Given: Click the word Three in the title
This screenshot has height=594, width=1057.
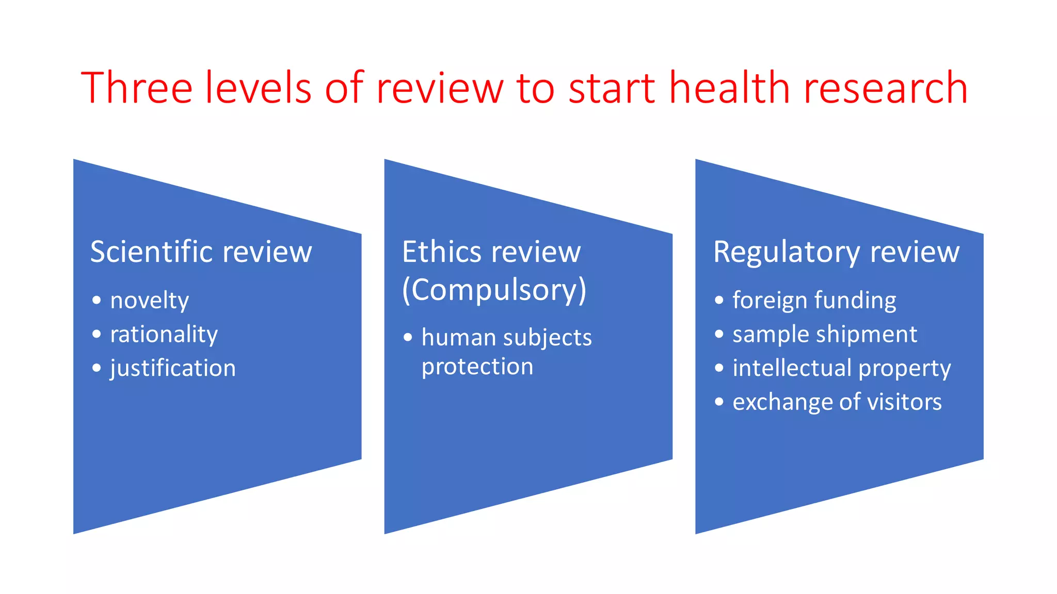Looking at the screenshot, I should click(x=137, y=88).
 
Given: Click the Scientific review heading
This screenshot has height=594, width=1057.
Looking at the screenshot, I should click(x=201, y=252).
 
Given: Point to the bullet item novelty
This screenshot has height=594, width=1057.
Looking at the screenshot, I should click(x=150, y=301).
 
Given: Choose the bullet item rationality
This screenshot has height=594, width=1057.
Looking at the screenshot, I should click(x=164, y=335).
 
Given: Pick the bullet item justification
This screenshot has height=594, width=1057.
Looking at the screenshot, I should click(x=173, y=369).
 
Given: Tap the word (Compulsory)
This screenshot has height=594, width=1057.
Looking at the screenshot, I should click(x=494, y=290).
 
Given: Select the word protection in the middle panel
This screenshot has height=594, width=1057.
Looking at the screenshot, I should click(x=477, y=367).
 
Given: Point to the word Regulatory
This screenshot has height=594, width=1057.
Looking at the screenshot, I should click(x=786, y=252).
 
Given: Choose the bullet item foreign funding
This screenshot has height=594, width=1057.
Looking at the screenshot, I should click(x=814, y=301).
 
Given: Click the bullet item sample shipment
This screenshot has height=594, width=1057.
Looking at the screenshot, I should click(x=825, y=335).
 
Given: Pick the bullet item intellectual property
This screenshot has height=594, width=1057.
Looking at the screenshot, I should click(x=841, y=369).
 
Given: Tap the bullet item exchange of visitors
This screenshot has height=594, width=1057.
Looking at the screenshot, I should click(x=837, y=402).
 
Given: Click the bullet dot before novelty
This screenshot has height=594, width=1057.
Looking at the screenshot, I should click(x=97, y=300).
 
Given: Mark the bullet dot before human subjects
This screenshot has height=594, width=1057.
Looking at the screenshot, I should click(x=408, y=338).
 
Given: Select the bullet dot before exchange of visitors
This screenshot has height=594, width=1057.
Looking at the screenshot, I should click(x=719, y=402).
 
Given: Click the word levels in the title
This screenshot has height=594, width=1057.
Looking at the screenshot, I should click(x=259, y=88).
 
